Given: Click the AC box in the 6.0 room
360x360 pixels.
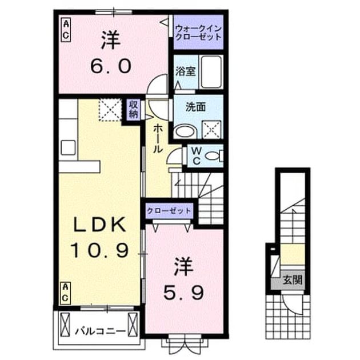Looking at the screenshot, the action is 66,30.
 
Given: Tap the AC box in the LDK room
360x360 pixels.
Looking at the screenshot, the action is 66,293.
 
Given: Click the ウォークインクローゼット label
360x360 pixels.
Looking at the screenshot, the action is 198,33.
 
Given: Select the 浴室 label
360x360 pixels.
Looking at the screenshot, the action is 186,71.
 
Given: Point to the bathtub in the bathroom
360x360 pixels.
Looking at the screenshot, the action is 211,71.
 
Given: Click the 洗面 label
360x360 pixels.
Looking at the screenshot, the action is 195,107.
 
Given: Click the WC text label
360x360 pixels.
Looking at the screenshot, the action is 197,156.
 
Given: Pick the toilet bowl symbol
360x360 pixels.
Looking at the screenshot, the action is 214,156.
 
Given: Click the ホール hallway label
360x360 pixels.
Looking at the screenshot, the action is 158,138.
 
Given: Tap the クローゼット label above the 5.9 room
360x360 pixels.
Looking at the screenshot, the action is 169,211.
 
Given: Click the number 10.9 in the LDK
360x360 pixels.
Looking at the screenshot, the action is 99,250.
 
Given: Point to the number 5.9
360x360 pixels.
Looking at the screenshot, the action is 183,293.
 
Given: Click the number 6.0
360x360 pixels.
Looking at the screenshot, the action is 111,66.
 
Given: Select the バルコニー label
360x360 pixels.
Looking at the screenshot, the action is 101,331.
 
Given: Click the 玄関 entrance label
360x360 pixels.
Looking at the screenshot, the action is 292,280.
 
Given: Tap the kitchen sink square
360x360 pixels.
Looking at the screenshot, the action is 68,147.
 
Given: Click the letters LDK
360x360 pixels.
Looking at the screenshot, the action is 99,224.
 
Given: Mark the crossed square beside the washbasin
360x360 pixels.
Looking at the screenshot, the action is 211,130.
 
